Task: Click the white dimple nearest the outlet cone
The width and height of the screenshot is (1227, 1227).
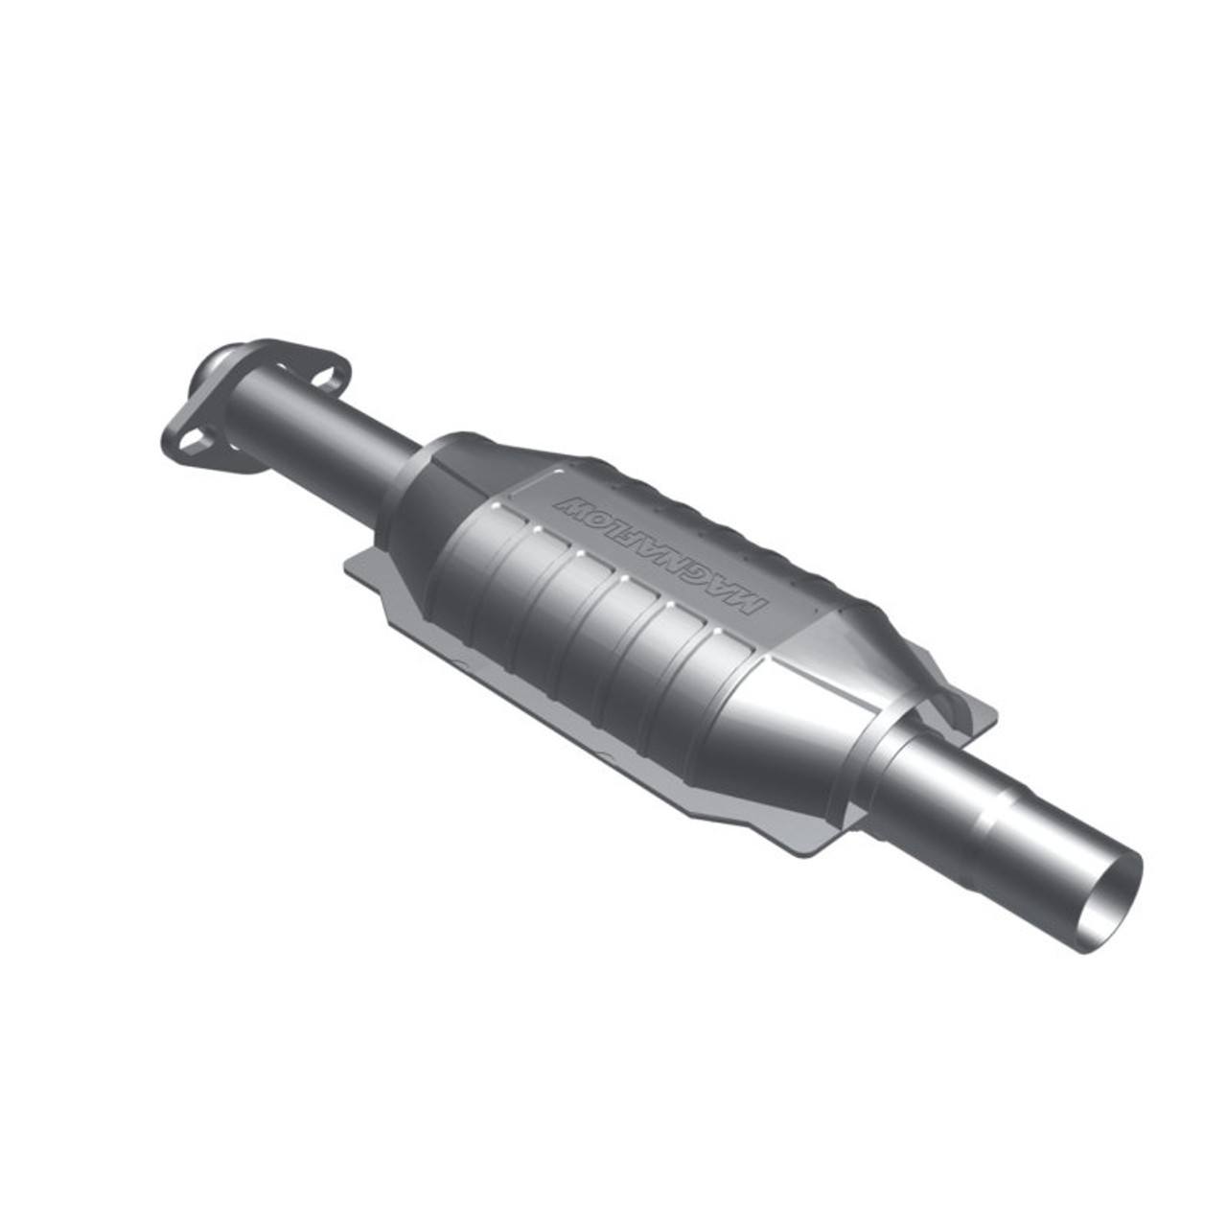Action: coord(713,631)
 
